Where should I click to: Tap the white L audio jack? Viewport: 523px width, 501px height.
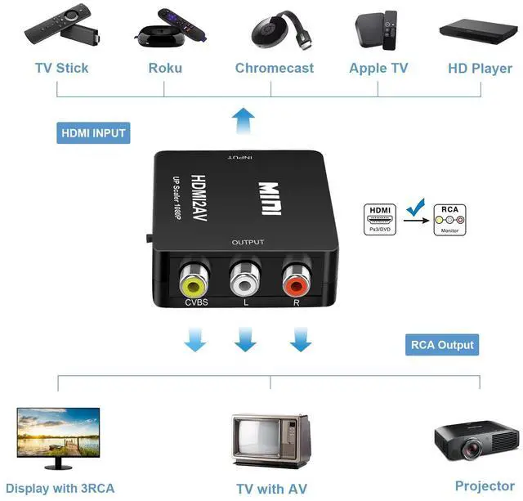pyautogui.click(x=245, y=284)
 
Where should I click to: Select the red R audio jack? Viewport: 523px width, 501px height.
pyautogui.click(x=296, y=283)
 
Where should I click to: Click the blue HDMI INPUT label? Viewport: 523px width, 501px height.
pyautogui.click(x=94, y=132)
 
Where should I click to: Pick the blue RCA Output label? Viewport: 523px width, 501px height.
pyautogui.click(x=442, y=344)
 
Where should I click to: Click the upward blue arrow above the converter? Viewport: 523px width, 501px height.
pyautogui.click(x=243, y=122)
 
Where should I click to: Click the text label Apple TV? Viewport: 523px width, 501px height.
pyautogui.click(x=378, y=68)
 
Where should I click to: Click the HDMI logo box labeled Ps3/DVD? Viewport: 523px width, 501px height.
pyautogui.click(x=380, y=220)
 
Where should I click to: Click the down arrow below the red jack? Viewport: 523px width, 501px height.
pyautogui.click(x=301, y=339)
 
